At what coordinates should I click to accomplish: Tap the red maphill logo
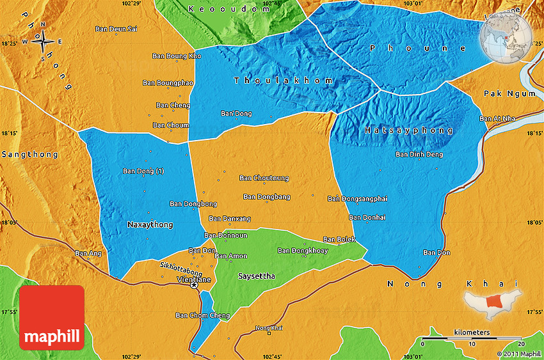pos(52,317)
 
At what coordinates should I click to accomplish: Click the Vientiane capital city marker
pos(194,286)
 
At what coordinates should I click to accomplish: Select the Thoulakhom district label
pos(284,81)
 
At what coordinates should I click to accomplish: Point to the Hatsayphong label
pos(409,130)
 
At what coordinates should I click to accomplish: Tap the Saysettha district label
pos(256,276)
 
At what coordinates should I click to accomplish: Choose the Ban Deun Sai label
pos(116,29)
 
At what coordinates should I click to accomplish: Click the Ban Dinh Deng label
pos(419,154)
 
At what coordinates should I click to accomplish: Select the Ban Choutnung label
pos(264,178)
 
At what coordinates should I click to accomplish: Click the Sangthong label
pos(29,155)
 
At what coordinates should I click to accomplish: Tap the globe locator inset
pos(506,37)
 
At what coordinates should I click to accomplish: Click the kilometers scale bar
pos(472,338)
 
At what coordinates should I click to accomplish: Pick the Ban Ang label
pos(88,253)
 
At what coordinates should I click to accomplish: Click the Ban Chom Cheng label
pos(202,315)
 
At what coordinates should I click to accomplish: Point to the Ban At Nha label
pos(497,118)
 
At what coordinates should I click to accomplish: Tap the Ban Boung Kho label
pos(177,56)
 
